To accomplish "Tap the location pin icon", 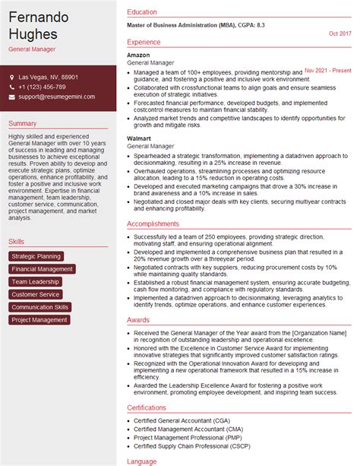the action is [x=13, y=78].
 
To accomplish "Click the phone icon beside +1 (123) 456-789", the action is [x=13, y=87].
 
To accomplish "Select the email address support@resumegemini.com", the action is [x=57, y=97].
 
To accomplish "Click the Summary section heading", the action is [x=24, y=124].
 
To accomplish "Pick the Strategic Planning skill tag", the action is [x=36, y=256].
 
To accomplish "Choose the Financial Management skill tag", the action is [x=43, y=269].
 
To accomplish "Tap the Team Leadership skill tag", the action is [x=36, y=281].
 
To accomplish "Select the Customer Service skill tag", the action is [x=36, y=294].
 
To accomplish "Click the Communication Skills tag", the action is [x=40, y=307].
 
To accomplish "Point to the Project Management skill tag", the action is [x=39, y=320].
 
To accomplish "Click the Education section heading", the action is [x=142, y=13].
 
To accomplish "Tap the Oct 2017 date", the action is [x=340, y=33].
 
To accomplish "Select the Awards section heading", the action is [x=138, y=320].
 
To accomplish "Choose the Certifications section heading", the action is [x=152, y=407].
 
